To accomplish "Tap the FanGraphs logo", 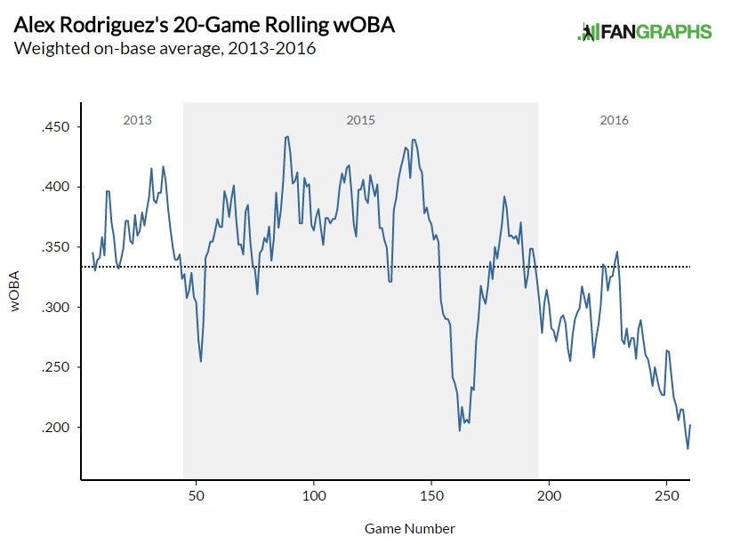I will [644, 32].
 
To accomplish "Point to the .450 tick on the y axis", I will [57, 127].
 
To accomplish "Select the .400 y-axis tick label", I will [57, 188].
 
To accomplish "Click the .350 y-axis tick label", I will [57, 247].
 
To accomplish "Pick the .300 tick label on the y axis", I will [57, 308].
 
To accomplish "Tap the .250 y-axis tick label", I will [57, 367].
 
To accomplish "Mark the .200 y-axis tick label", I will [57, 428].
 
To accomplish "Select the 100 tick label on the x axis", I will [314, 495].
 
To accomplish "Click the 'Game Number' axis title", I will [410, 528].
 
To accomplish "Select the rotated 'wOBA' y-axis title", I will [16, 293].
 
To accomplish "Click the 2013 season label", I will [137, 120].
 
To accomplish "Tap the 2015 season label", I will [360, 120].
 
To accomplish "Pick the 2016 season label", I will [614, 120].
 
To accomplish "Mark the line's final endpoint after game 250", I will [690, 425].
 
